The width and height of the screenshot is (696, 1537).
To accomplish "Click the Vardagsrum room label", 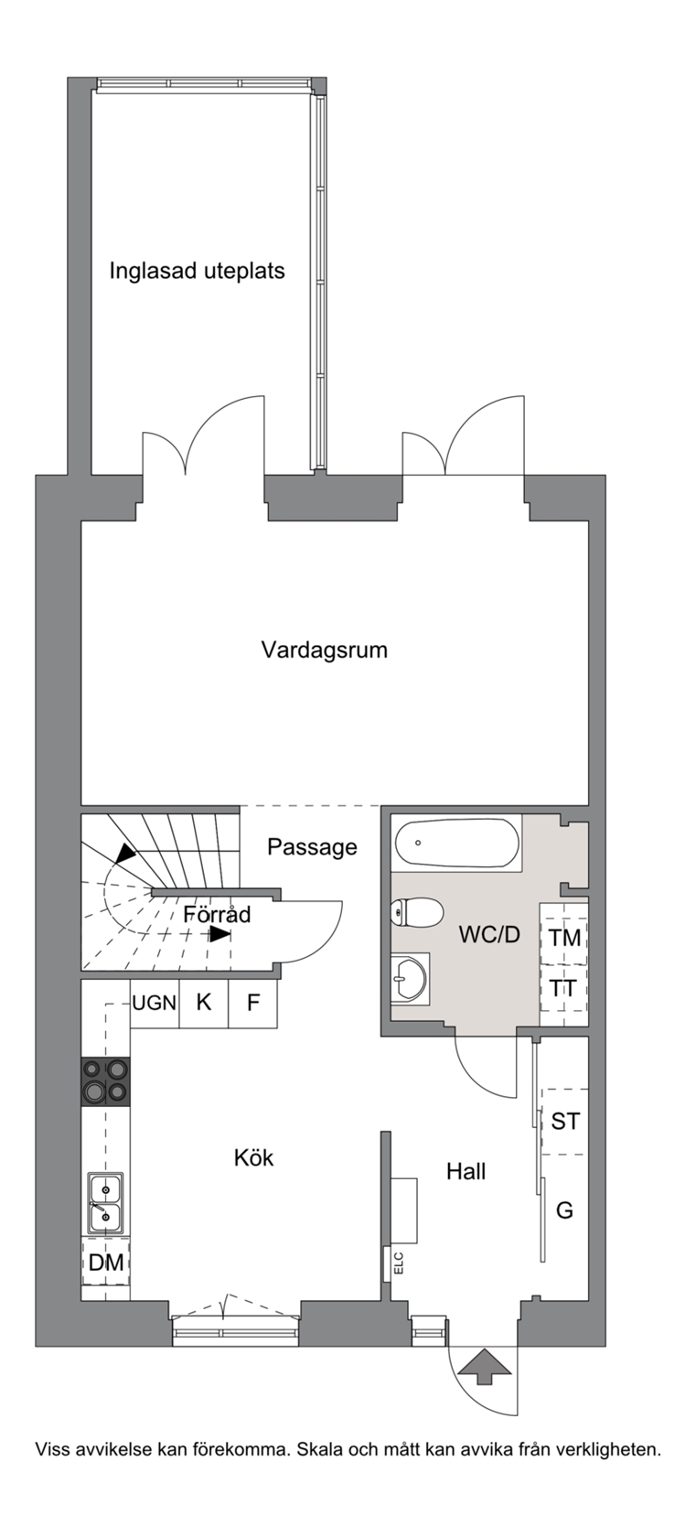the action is [x=325, y=650].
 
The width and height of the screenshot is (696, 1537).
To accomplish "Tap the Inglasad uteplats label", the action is [x=197, y=271].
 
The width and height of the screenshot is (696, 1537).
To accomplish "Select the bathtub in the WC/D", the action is [x=456, y=844].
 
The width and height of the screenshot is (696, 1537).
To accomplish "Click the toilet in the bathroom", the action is [x=416, y=913].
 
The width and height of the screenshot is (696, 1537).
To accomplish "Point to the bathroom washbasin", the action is [x=410, y=979].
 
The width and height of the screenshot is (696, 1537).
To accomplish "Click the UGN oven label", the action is [x=155, y=1003].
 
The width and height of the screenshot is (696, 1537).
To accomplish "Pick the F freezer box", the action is [x=253, y=1003].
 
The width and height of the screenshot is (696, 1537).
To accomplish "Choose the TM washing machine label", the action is [x=564, y=937].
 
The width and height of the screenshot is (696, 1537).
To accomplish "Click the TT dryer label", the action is [x=563, y=988].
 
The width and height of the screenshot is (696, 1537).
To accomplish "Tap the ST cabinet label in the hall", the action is [x=565, y=1122].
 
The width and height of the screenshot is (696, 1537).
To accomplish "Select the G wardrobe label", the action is [x=564, y=1209].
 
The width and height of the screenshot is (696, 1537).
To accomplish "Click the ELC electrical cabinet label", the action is [x=399, y=1263].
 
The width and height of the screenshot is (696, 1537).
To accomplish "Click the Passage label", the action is [x=312, y=847].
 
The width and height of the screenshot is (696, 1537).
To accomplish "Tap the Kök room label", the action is [x=253, y=1157].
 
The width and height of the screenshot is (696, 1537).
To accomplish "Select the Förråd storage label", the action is [x=217, y=914].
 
